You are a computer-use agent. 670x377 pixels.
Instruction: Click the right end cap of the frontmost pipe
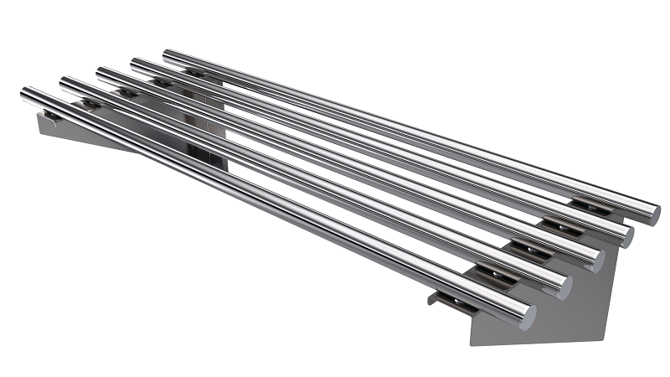tap(527, 315)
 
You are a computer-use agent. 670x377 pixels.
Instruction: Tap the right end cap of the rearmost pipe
tap(652, 214)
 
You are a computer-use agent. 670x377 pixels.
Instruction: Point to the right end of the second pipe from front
tap(563, 287)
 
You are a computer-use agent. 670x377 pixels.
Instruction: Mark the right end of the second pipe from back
tap(625, 236)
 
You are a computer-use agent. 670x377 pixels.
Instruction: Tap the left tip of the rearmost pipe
tap(167, 54)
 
